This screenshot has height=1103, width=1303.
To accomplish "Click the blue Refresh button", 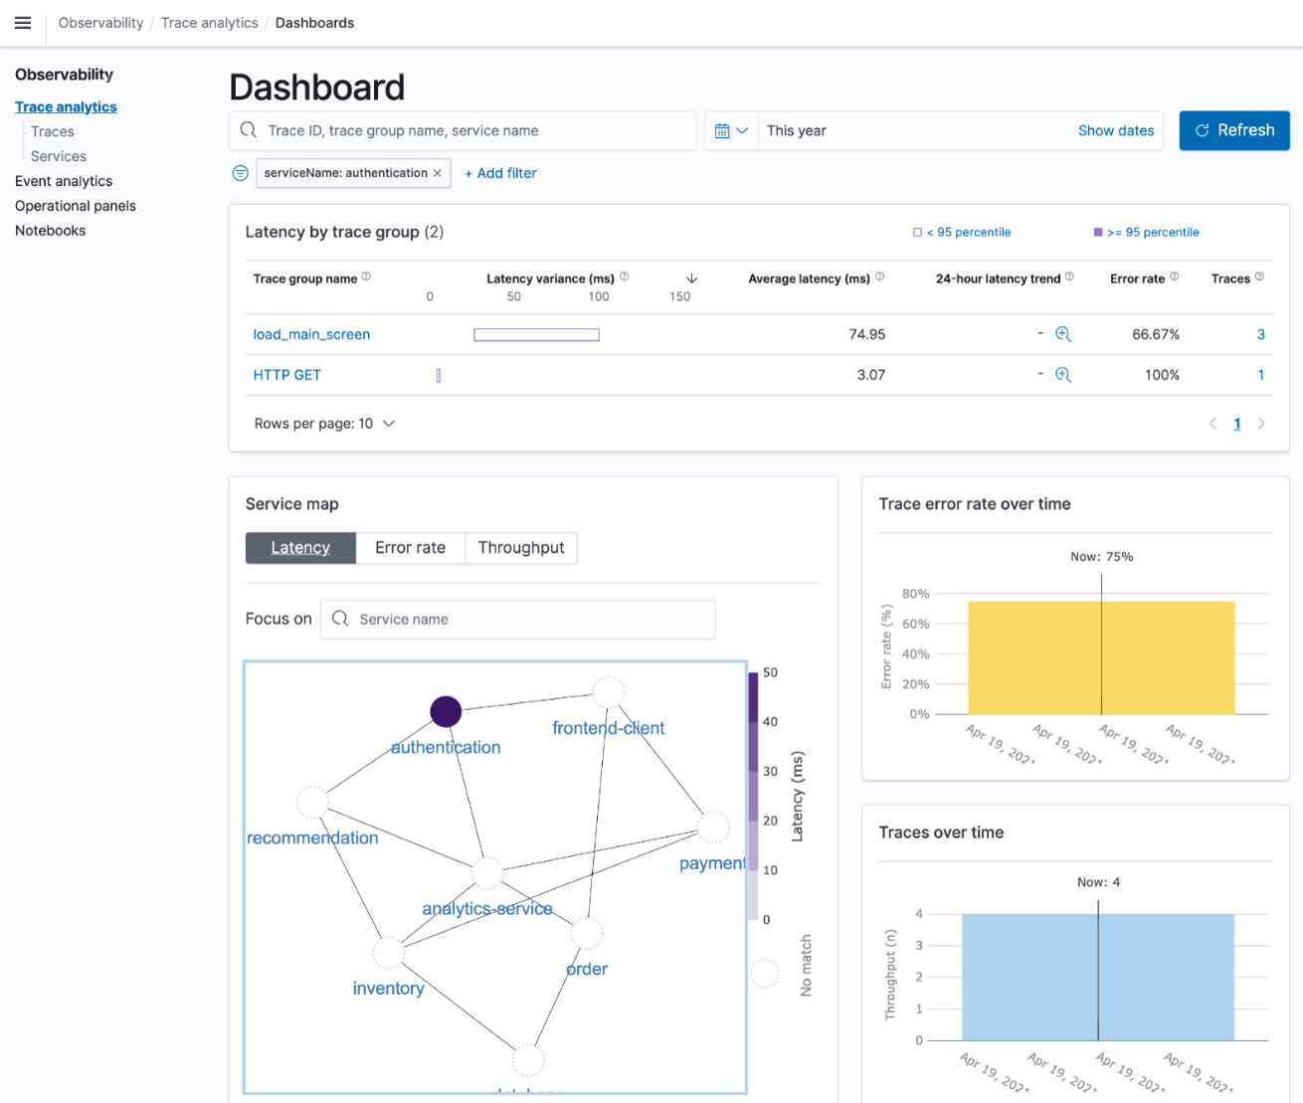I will (1233, 130).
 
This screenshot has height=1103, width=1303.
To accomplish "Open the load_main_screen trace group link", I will (311, 334).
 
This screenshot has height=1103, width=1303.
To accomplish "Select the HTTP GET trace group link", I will (286, 375).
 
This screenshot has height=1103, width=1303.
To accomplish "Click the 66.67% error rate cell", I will (1155, 334).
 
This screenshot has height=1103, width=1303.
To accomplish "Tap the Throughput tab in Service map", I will (520, 548).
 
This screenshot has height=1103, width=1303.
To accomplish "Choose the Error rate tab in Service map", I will (410, 548).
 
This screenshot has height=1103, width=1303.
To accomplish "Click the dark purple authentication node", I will (446, 711).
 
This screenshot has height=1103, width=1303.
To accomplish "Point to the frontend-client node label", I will (608, 728).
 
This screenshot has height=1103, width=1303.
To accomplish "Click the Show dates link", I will (1115, 130).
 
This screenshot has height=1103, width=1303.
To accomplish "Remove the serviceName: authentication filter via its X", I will (437, 173).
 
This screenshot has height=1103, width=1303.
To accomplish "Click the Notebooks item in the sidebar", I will (51, 231).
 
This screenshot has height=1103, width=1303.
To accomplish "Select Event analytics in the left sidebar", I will (64, 181).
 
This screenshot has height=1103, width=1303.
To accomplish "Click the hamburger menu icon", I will (23, 23).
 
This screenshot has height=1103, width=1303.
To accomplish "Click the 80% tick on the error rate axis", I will (915, 594).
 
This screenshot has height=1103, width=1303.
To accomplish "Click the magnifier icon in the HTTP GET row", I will (1063, 375).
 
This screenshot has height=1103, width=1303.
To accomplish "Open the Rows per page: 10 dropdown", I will (324, 424).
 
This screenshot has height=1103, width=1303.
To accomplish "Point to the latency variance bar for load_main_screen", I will (536, 335).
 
